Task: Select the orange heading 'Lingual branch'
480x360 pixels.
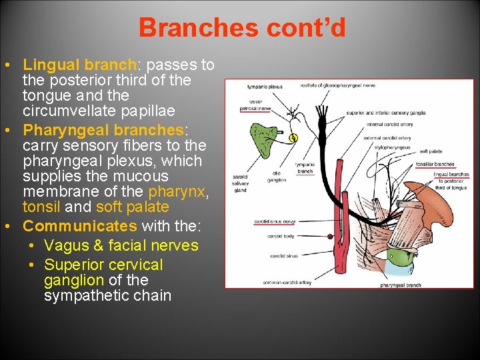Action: click(79, 65)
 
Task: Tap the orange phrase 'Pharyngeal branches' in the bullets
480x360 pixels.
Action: click(103, 129)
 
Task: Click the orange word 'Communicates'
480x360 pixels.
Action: click(80, 226)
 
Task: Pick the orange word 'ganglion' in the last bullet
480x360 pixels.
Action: click(73, 280)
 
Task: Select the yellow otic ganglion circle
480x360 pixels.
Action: click(292, 138)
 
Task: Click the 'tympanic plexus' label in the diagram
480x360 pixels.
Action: click(265, 87)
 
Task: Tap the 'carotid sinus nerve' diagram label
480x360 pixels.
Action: click(274, 221)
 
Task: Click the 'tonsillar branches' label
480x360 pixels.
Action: click(435, 164)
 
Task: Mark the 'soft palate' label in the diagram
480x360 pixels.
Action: click(431, 151)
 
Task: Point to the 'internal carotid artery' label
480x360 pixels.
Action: click(390, 124)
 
